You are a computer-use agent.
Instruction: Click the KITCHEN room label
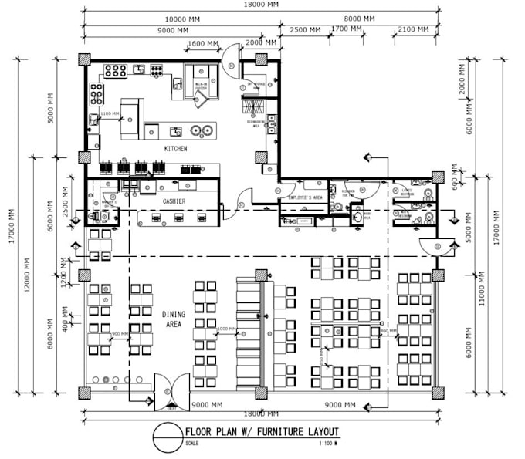(x=175, y=148)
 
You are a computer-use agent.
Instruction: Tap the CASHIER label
(x=173, y=201)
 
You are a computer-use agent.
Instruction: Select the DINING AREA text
(x=174, y=319)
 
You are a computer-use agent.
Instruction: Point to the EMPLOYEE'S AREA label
(x=304, y=198)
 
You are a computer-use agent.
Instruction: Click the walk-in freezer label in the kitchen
(x=201, y=86)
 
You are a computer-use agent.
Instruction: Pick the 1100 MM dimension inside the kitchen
(x=110, y=114)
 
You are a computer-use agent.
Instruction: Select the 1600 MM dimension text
(x=201, y=43)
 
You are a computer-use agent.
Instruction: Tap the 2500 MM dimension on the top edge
(x=305, y=30)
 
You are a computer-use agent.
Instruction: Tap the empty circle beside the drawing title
(x=167, y=438)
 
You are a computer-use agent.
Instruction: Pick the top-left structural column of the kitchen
(x=84, y=59)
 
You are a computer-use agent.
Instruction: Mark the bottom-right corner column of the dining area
(x=438, y=392)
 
